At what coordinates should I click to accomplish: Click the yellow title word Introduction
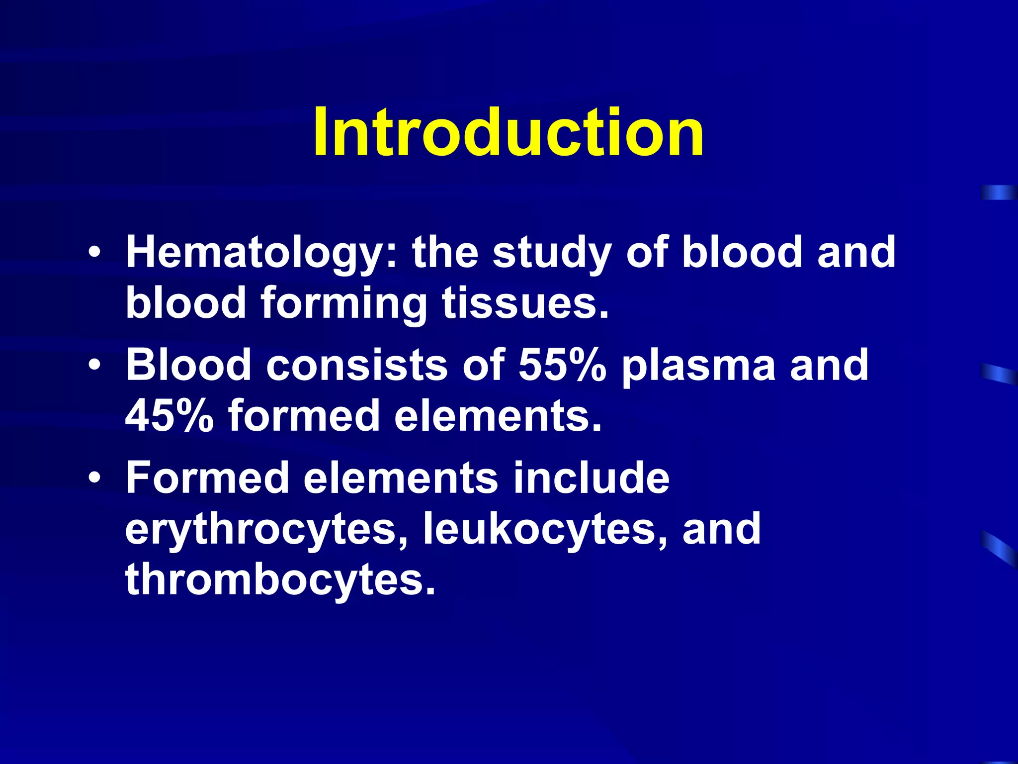click(x=508, y=132)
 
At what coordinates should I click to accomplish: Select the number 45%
click(x=170, y=415)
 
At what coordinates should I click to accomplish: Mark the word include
click(x=592, y=477)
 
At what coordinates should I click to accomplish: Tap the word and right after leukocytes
click(x=721, y=528)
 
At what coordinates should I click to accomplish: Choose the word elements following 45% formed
click(x=498, y=415)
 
